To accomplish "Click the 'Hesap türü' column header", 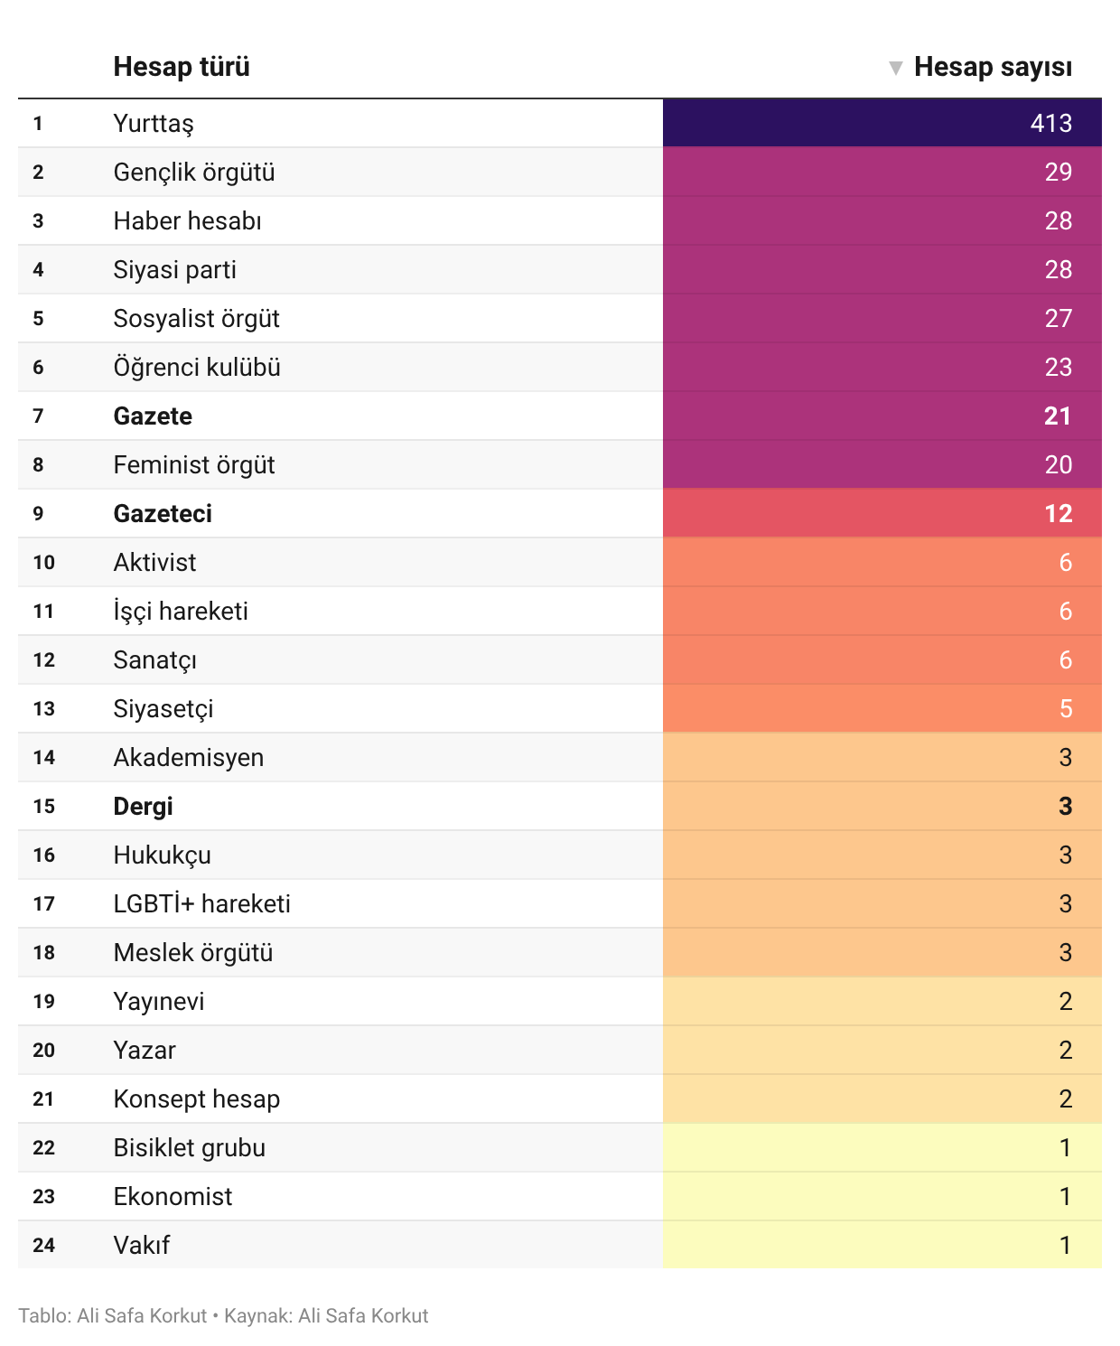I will (182, 67).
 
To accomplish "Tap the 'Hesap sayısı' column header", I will (993, 67).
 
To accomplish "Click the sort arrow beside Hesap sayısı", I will (895, 68).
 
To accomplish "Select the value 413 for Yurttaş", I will (1050, 124).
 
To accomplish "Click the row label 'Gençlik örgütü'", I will (194, 173).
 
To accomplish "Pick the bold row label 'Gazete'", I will (153, 416).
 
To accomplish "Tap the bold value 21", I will (1058, 416).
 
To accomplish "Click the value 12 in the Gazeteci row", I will (1058, 514).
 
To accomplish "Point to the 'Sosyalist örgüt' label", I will (196, 319).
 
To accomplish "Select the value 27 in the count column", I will (1058, 319).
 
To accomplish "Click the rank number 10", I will (43, 563).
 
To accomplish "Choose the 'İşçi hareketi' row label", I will (181, 612).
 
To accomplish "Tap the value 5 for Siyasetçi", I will (1066, 709).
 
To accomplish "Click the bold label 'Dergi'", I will (143, 807).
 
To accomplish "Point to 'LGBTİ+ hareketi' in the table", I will (201, 904).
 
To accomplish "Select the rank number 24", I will (43, 1246).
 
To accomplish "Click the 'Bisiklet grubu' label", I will (189, 1148).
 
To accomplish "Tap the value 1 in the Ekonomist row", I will (1066, 1197).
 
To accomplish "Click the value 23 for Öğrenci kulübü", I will (1058, 368).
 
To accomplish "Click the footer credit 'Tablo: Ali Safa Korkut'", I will (112, 1316).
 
